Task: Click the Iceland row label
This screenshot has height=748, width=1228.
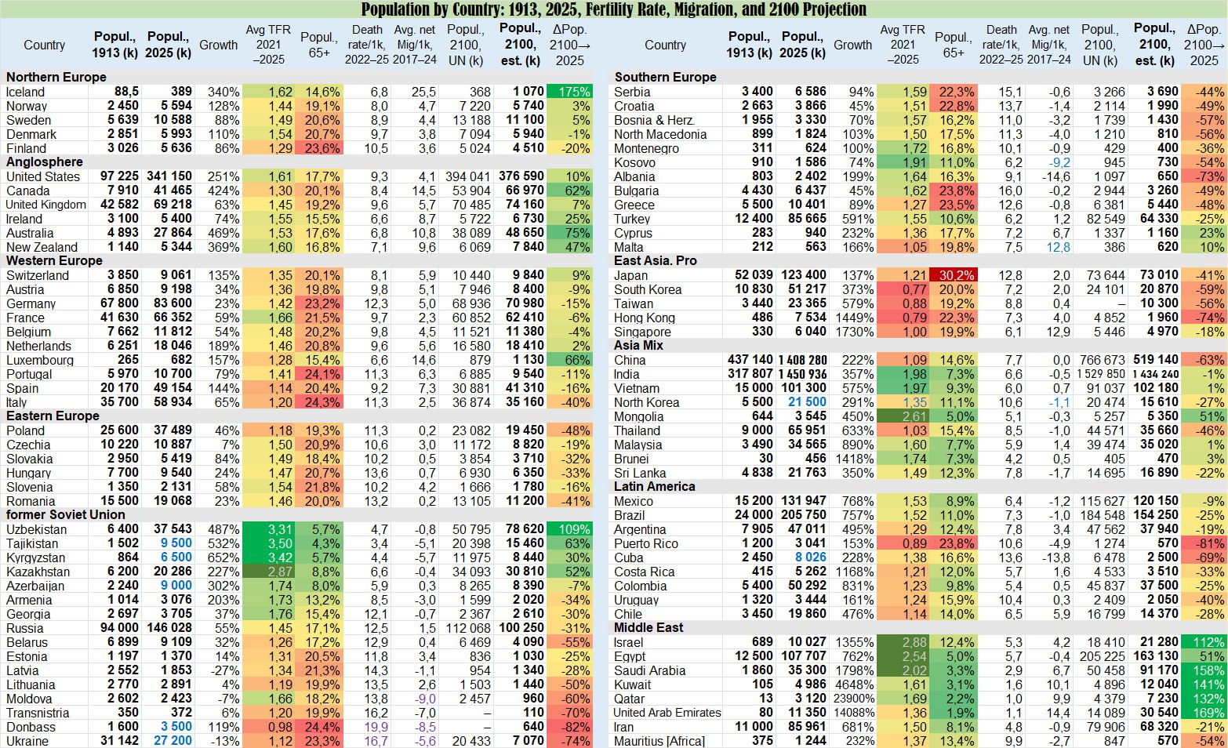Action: click(26, 92)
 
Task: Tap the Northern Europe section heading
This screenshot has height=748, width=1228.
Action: click(56, 77)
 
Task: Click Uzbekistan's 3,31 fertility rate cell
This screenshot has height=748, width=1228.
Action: click(268, 529)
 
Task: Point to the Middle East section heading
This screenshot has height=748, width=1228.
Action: click(649, 627)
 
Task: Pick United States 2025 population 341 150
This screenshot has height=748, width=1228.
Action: click(169, 176)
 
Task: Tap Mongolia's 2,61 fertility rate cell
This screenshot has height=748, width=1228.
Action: click(903, 416)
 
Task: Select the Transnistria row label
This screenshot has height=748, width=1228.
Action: click(38, 713)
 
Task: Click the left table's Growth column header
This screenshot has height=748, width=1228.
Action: click(218, 45)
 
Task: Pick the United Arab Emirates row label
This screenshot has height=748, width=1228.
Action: click(667, 713)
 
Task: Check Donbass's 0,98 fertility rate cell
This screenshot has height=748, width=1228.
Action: click(268, 727)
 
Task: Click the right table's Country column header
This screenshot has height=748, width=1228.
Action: click(665, 45)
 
